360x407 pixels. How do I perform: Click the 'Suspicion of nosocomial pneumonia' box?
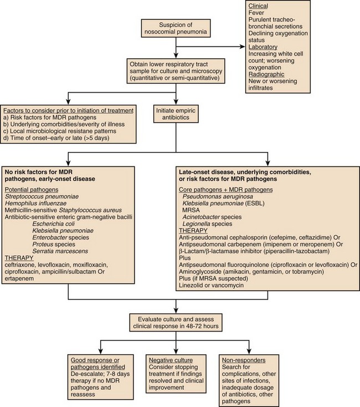click(x=175, y=29)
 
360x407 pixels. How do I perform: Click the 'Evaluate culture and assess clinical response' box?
click(x=175, y=323)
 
